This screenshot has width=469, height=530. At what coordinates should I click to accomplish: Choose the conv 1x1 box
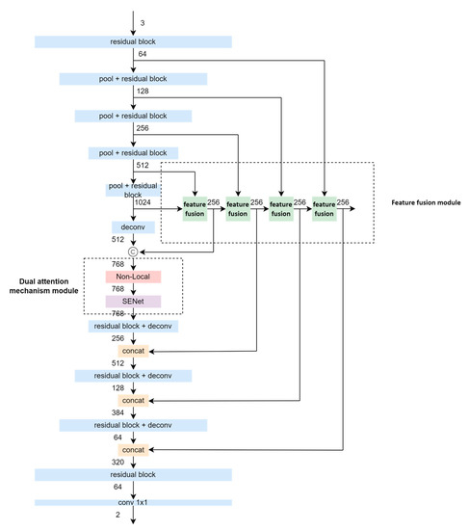[x=133, y=502]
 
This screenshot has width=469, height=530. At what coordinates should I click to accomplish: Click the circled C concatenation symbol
[x=134, y=252]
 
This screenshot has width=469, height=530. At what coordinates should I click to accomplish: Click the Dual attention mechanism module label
[x=45, y=286]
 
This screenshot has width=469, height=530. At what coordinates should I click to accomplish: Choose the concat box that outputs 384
[x=133, y=399]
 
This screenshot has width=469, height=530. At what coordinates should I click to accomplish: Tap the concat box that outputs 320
[x=133, y=449]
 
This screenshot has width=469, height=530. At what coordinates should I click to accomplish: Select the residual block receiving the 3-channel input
[x=133, y=42]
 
